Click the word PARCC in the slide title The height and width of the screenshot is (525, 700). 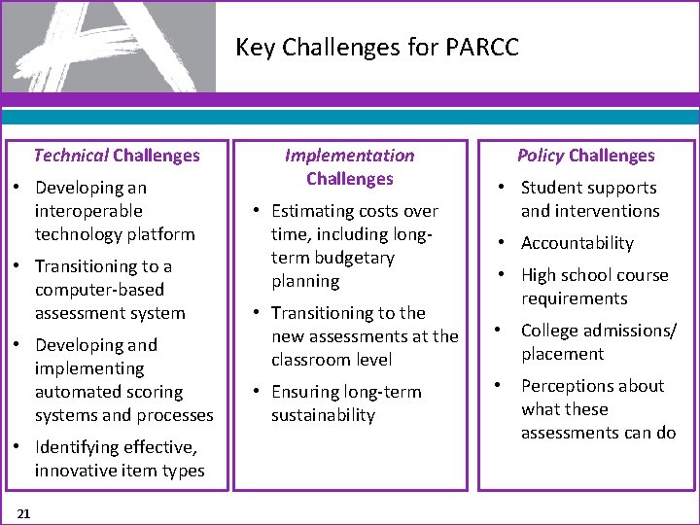click(485, 47)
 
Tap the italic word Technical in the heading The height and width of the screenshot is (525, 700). click(71, 156)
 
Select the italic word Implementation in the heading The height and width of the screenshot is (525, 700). click(349, 156)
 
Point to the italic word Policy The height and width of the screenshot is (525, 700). click(541, 156)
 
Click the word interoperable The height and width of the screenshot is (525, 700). click(88, 211)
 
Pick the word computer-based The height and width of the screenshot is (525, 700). click(100, 290)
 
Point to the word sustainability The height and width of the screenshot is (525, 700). click(323, 415)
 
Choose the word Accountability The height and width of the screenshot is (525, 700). click(577, 243)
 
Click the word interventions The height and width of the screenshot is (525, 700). click(590, 211)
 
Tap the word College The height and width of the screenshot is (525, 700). click(551, 331)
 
